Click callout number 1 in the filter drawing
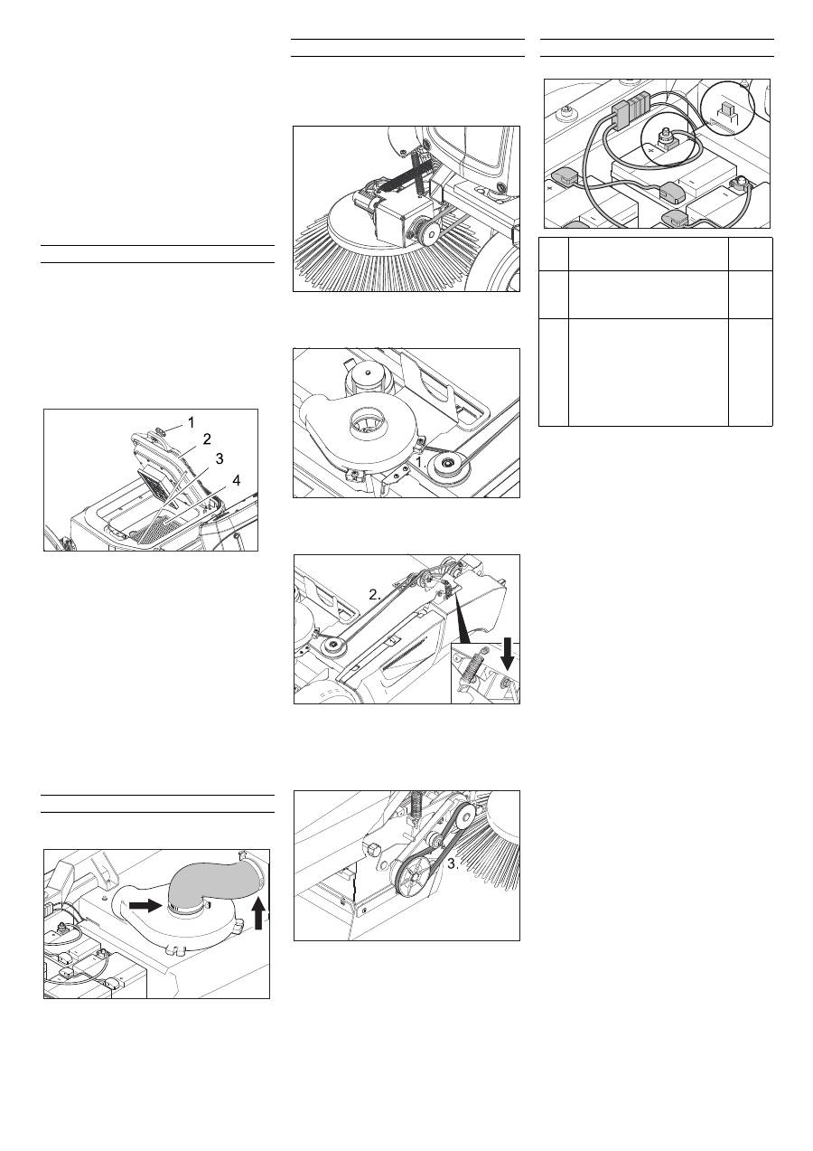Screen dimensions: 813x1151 [192, 423]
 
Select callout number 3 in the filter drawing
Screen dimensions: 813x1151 [220, 458]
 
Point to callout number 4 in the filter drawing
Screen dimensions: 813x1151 [236, 481]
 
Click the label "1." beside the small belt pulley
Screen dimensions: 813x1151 [421, 462]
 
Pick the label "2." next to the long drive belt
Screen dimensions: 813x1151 [375, 595]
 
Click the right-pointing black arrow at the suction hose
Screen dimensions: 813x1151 [145, 905]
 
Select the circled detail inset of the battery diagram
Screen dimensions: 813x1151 [729, 110]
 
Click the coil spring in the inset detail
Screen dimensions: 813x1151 [472, 667]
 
